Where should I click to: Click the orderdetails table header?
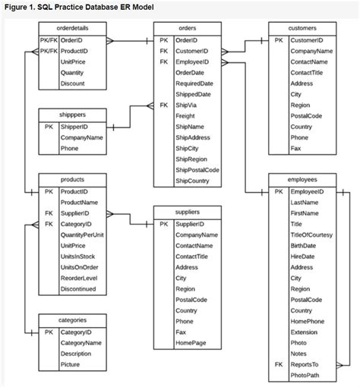click(x=72, y=27)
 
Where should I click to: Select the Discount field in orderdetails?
click(x=73, y=83)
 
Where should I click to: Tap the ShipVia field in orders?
click(x=187, y=105)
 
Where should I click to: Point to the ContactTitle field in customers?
click(x=308, y=73)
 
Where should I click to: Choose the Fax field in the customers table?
click(x=295, y=149)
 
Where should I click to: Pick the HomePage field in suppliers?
click(x=191, y=343)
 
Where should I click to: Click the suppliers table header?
click(x=187, y=212)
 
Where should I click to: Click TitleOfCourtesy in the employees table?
click(x=312, y=235)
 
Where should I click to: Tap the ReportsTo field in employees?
click(x=305, y=365)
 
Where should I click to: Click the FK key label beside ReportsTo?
click(x=278, y=365)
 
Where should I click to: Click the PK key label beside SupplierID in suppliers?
click(x=163, y=224)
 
